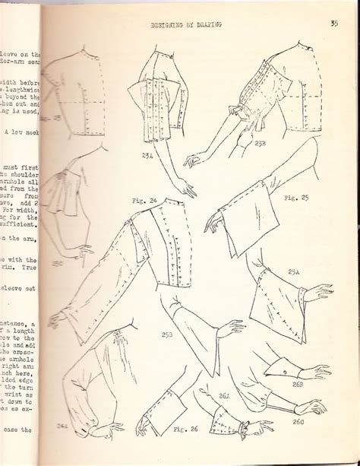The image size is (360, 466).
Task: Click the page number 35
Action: coord(334,23)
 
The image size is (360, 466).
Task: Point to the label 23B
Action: coord(260,142)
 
